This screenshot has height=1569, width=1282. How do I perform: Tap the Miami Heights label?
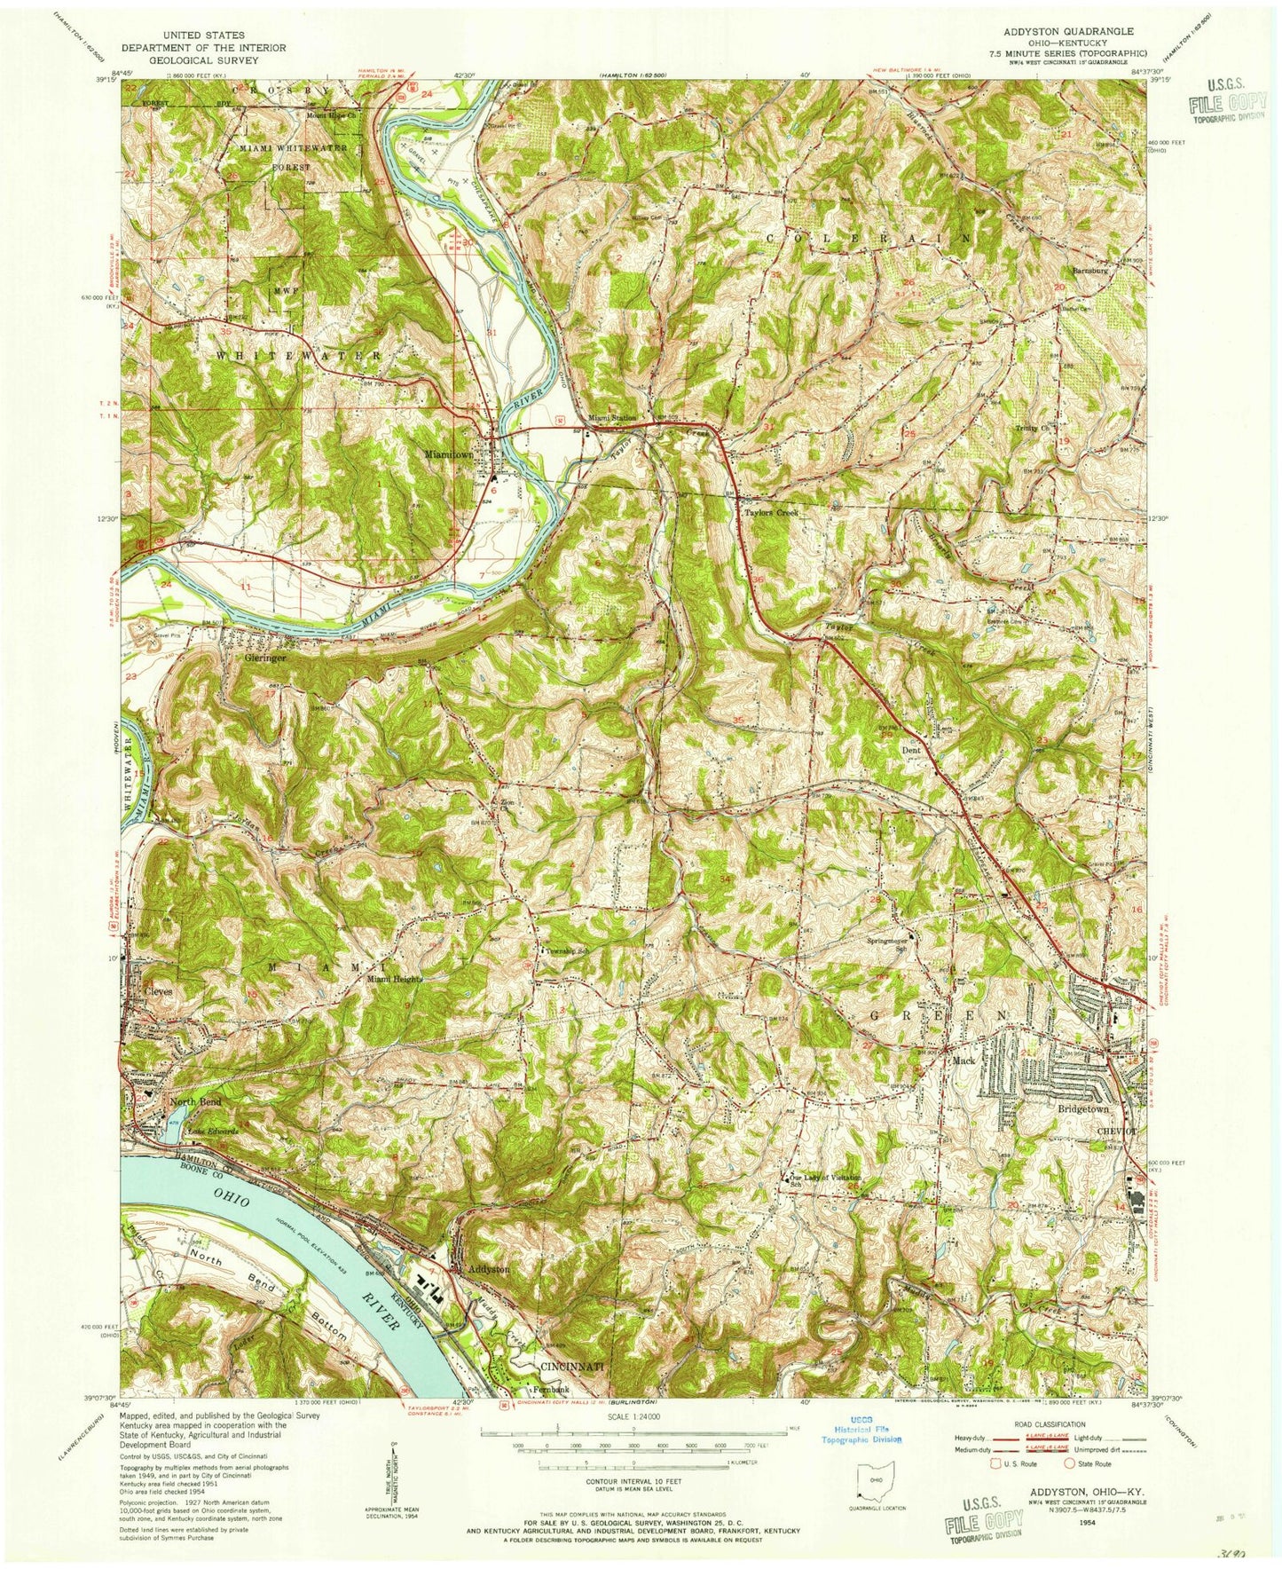pyautogui.click(x=393, y=979)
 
